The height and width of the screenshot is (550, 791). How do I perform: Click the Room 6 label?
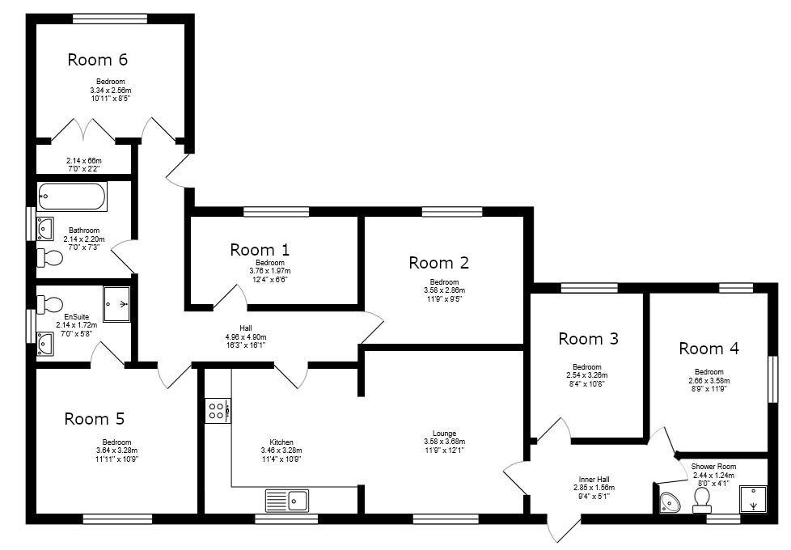[97, 60]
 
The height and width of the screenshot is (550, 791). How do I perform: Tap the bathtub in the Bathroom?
[72, 197]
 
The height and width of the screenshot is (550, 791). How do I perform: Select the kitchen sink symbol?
[288, 501]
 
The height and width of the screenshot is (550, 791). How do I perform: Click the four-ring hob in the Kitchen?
[218, 410]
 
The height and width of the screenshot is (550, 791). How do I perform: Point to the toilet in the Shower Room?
[702, 501]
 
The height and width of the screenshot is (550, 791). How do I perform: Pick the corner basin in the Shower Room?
[670, 502]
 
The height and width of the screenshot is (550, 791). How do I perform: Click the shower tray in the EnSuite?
[116, 304]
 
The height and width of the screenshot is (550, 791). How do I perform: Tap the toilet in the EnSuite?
[50, 304]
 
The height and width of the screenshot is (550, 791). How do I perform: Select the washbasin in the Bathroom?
[45, 229]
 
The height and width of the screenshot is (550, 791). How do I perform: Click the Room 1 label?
[260, 249]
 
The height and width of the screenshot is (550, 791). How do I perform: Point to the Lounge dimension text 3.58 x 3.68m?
[445, 442]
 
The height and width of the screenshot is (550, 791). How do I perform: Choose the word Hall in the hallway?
[246, 328]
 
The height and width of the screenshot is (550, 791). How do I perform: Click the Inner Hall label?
[594, 480]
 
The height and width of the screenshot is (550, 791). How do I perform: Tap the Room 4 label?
[709, 348]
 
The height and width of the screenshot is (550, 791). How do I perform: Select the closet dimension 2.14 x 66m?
[84, 160]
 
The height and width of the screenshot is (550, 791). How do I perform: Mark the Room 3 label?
[588, 339]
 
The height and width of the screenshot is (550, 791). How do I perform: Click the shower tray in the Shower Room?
[753, 500]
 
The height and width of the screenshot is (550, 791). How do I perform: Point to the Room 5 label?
[95, 418]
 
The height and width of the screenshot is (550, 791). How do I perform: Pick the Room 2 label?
[439, 262]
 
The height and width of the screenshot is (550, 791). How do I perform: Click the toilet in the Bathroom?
[50, 258]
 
